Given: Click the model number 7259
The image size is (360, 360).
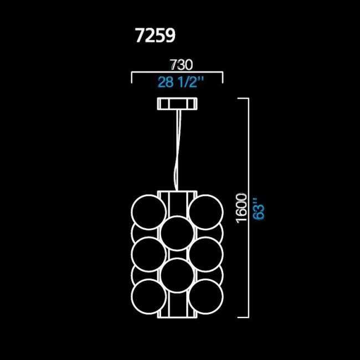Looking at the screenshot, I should pos(155,35).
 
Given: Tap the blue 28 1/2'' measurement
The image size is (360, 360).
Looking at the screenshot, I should pos(181,82).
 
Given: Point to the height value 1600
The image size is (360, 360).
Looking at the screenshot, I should pos(241,208).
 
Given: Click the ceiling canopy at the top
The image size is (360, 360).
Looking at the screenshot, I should pos(177,104).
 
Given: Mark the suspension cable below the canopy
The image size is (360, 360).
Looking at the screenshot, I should pos(177,150).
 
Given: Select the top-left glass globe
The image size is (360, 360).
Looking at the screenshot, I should pos(148,210).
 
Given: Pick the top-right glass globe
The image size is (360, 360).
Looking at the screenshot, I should pos(205,210).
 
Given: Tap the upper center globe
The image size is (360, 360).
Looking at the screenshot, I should pos(177,233).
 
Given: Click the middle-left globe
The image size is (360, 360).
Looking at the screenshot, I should pos(148,253).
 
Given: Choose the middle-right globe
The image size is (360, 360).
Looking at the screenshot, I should pos(205,253).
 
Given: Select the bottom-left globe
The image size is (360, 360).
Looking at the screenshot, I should pos(148,295).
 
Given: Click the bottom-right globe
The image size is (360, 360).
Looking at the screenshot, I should pos(205,295).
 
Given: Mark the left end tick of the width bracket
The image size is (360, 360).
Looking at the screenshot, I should pos(131,78).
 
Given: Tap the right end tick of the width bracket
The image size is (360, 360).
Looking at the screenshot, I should pos(223,78).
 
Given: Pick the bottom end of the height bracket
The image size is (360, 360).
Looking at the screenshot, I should pos(244,317).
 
